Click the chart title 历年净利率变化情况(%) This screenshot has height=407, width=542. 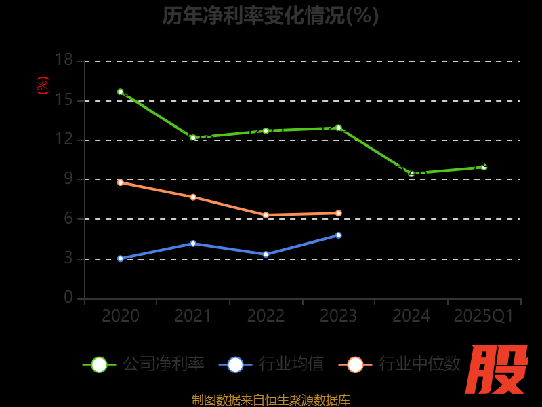[x=270, y=15]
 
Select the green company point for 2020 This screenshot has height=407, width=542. [x=121, y=92]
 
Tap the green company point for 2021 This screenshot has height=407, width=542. [x=193, y=138]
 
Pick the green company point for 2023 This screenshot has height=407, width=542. [x=338, y=128]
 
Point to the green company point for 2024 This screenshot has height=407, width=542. [x=411, y=174]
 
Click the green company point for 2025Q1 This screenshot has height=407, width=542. [x=484, y=166]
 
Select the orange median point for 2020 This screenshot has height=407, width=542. [x=121, y=182]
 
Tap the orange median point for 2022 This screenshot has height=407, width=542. [x=266, y=215]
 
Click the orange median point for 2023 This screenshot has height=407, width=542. [x=338, y=213]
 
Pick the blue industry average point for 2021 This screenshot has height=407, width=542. [x=193, y=244]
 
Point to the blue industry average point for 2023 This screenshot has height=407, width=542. [x=338, y=235]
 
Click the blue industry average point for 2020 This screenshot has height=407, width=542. [x=121, y=258]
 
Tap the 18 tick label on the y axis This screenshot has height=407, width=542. [x=64, y=60]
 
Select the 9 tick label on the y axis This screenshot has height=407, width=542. [x=68, y=179]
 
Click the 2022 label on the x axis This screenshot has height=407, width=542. [x=266, y=316]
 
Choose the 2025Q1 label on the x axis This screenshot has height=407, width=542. [x=484, y=316]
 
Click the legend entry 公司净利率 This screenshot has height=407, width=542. [x=144, y=364]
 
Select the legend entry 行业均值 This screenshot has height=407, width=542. [x=272, y=364]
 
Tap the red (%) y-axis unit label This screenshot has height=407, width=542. [x=43, y=85]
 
